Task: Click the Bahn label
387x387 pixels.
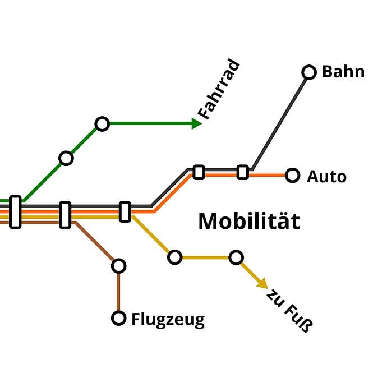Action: pyautogui.click(x=343, y=72)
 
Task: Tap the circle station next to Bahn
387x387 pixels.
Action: pyautogui.click(x=309, y=72)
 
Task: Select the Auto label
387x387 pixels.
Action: pyautogui.click(x=326, y=177)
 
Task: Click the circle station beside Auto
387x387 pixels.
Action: pyautogui.click(x=292, y=176)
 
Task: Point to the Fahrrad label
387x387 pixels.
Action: pyautogui.click(x=220, y=90)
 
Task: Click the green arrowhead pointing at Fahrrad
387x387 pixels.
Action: pyautogui.click(x=196, y=123)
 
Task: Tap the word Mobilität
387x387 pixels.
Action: pyautogui.click(x=249, y=221)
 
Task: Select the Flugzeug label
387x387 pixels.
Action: pyautogui.click(x=168, y=320)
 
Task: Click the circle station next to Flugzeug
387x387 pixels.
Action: pyautogui.click(x=118, y=318)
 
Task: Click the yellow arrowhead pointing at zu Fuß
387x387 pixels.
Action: pyautogui.click(x=262, y=284)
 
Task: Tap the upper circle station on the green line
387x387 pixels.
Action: pyautogui.click(x=102, y=124)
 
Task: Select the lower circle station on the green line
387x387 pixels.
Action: pyautogui.click(x=66, y=158)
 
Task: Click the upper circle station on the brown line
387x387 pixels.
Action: pyautogui.click(x=118, y=265)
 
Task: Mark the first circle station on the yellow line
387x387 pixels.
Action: pyautogui.click(x=175, y=257)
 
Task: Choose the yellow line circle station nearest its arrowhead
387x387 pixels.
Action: pyautogui.click(x=236, y=257)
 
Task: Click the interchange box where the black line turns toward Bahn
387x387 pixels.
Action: pyautogui.click(x=242, y=172)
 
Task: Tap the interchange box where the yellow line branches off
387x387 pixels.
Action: pyautogui.click(x=125, y=211)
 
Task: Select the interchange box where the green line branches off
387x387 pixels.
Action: pyautogui.click(x=15, y=212)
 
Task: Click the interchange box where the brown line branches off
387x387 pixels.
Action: pyautogui.click(x=65, y=215)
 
